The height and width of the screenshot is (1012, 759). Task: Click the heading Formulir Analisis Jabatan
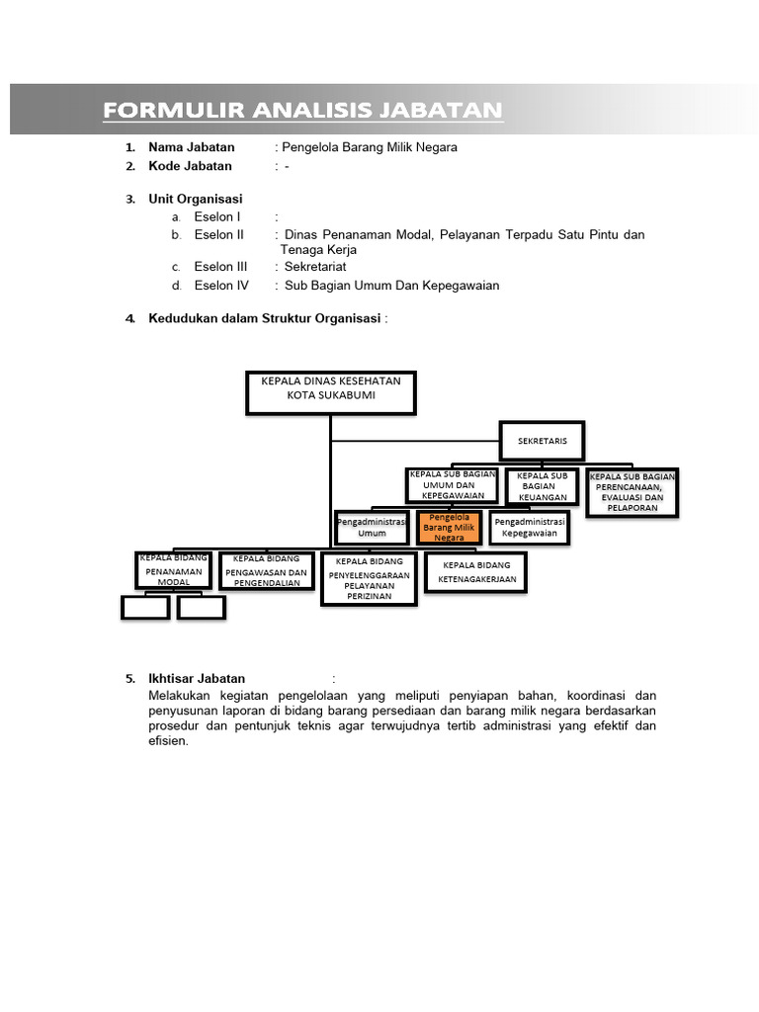[x=302, y=110]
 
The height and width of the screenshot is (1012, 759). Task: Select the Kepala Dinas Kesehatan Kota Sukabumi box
[x=331, y=391]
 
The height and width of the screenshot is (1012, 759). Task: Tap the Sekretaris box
[x=543, y=441]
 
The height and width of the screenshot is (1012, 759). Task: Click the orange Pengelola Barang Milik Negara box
[x=449, y=528]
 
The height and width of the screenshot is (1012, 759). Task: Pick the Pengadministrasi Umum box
[x=372, y=527]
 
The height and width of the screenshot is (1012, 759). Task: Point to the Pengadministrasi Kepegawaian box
[x=530, y=527]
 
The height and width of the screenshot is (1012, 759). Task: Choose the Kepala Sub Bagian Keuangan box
[x=542, y=486]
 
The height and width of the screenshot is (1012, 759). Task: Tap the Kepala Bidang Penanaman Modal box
[x=174, y=570]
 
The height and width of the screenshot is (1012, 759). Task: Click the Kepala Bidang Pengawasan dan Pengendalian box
[x=266, y=570]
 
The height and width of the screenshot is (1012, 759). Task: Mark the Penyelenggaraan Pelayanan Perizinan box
[x=369, y=579]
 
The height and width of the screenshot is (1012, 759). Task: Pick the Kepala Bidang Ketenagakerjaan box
[x=476, y=572]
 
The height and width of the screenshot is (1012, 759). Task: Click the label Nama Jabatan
[x=192, y=147]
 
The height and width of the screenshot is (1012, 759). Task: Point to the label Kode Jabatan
[x=191, y=166]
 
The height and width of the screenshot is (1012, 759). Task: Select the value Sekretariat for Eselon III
[x=315, y=267]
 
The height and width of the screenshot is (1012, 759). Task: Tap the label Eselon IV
[x=221, y=286]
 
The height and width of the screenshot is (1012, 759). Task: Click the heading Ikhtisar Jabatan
[x=197, y=679]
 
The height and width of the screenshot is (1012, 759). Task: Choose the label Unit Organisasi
[x=196, y=199]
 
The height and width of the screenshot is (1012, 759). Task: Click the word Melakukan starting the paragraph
[x=179, y=696]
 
